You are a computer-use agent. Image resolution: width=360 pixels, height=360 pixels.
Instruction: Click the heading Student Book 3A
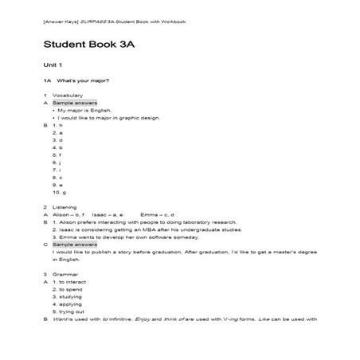tap(100, 44)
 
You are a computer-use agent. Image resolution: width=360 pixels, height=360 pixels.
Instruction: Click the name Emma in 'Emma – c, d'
tap(147, 214)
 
